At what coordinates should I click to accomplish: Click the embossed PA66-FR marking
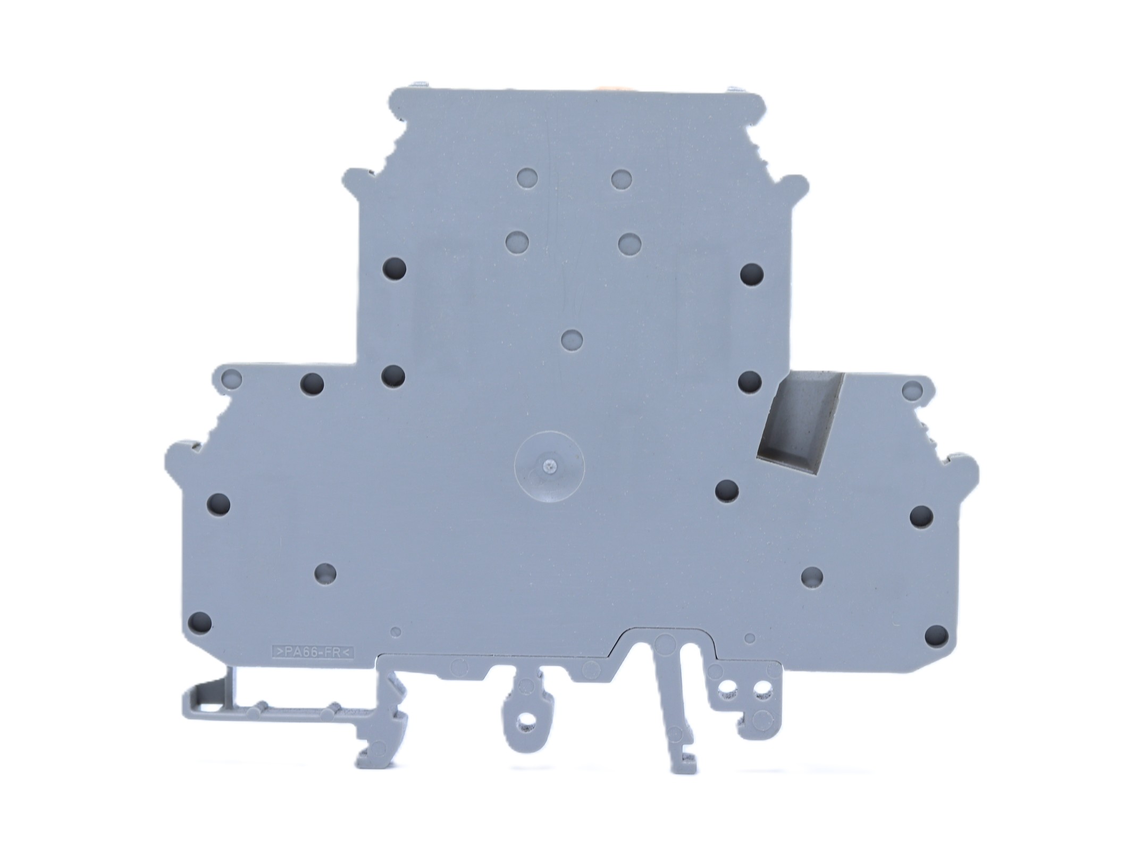[x=313, y=651]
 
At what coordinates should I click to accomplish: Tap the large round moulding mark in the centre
[x=549, y=466]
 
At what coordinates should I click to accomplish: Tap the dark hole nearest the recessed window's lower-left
[x=726, y=490]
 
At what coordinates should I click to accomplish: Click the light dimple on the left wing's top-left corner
[x=231, y=379]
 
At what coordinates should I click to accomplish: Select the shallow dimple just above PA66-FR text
[x=395, y=631]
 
